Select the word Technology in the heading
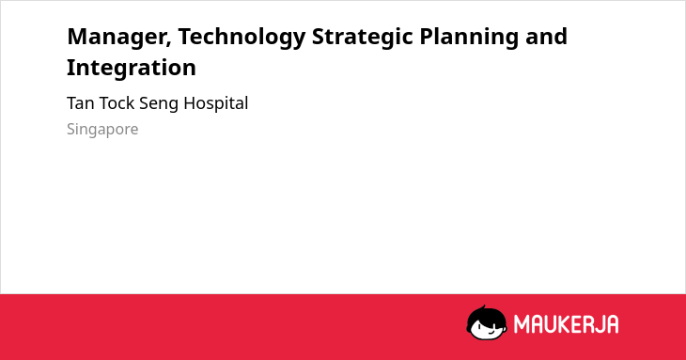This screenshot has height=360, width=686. click(x=242, y=38)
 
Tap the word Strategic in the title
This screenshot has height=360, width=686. click(x=362, y=38)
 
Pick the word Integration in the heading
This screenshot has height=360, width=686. click(x=132, y=68)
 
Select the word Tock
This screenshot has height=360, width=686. click(x=117, y=103)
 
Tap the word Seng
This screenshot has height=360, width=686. click(x=159, y=104)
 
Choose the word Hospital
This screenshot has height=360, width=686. click(x=216, y=104)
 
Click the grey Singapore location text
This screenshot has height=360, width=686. click(x=102, y=130)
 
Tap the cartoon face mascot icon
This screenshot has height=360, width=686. click(x=487, y=322)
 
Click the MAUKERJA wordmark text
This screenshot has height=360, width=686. click(x=566, y=324)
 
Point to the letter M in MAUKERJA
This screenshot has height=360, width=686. click(x=522, y=324)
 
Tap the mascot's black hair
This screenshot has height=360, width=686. click(x=486, y=314)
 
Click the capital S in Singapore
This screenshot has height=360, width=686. click(x=71, y=129)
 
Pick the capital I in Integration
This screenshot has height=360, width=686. click(x=70, y=68)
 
